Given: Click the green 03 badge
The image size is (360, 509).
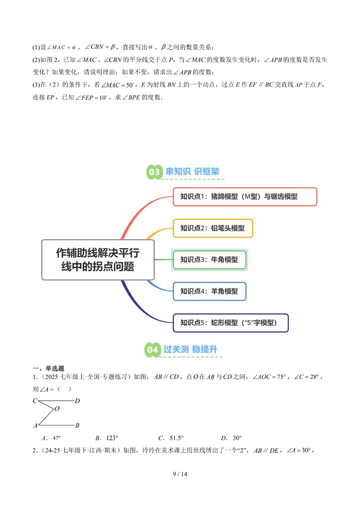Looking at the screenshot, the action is pos(154,172).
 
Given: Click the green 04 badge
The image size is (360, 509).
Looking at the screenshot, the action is pos(152,350).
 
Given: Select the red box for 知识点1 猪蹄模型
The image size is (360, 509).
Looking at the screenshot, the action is pos(245,197).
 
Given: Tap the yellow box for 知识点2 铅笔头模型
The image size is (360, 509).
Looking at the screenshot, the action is pos(213,228).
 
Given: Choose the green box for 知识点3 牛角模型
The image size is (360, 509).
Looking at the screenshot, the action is pos(209,260).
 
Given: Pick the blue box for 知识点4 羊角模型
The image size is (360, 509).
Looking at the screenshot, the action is pos(209,291).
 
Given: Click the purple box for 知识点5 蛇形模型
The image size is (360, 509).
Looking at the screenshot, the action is pos(230,323).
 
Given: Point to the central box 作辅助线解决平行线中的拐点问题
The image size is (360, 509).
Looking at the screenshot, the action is pos(98,260).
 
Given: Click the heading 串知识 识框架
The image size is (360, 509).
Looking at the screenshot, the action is pos(192,172).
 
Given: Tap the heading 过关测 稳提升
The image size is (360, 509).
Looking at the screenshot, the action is pos(190,349).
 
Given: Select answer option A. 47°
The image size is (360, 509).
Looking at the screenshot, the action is pos(51,438).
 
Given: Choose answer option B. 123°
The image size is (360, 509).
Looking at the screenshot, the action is pos(107,438).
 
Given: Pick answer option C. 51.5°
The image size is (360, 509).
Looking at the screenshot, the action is pos(171,438).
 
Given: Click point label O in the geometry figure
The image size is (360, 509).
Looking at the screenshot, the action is pos(57,409).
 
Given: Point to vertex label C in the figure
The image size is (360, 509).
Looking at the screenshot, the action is pos(35,401).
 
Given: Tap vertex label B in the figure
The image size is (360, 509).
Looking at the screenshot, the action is pos(77,425).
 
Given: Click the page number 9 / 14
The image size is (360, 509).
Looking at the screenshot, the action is pos(180,474).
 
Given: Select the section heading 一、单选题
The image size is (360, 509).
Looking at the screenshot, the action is pos(48,368).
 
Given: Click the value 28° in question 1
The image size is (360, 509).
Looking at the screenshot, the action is pos(314,377).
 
